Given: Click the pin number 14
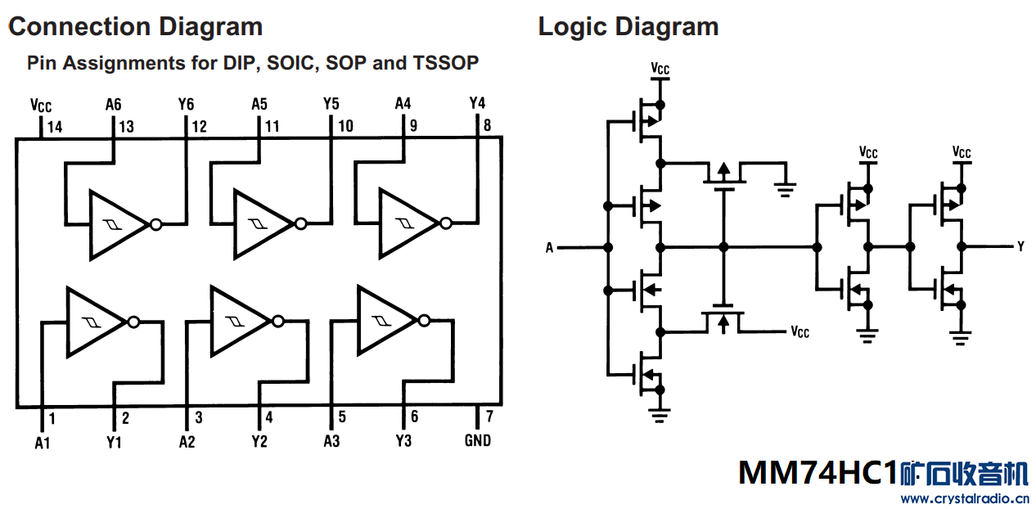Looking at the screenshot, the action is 55,127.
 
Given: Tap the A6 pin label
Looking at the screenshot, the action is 113,105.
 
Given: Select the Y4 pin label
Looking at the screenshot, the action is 477,102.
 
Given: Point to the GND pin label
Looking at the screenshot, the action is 478,440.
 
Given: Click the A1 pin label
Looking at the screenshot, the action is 42,443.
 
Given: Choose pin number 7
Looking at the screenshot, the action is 490,417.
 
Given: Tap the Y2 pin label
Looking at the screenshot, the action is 259,442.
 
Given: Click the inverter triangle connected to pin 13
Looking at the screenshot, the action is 119,225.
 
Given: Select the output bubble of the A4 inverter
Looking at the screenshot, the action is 446,223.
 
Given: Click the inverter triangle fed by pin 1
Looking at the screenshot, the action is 97,322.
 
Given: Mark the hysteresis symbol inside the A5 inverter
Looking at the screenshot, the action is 258,224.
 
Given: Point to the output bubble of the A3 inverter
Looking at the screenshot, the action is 424,321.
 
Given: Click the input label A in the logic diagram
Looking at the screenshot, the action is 549,248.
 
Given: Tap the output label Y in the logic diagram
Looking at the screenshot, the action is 1020,247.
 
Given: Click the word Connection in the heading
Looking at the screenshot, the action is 79,26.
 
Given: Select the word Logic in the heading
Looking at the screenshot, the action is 573,27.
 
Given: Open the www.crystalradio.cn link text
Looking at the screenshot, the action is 966,499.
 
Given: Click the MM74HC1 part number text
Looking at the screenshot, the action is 818,473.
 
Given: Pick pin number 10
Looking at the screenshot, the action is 345,126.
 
